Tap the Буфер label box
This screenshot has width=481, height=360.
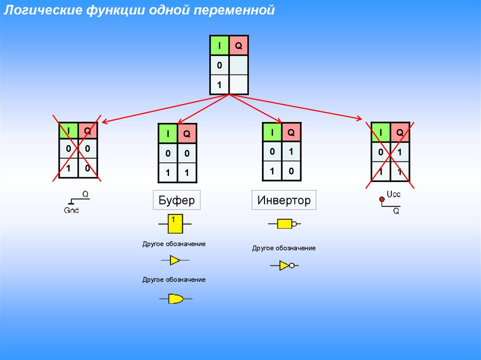pyautogui.click(x=177, y=201)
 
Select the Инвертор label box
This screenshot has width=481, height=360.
pyautogui.click(x=284, y=200)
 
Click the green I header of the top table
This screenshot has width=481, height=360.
pyautogui.click(x=219, y=46)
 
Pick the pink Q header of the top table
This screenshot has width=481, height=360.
pyautogui.click(x=238, y=46)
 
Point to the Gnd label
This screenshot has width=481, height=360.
pyautogui.click(x=71, y=210)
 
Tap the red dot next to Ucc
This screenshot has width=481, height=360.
pyautogui.click(x=381, y=200)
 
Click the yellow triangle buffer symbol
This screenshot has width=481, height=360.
pyautogui.click(x=175, y=260)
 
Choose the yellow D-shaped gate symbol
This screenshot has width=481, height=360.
pyautogui.click(x=176, y=298)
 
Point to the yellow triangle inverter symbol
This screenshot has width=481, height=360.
pyautogui.click(x=284, y=265)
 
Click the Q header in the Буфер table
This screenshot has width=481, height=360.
pyautogui.click(x=186, y=134)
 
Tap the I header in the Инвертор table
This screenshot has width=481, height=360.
pyautogui.click(x=272, y=132)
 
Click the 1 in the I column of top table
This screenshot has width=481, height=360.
pyautogui.click(x=219, y=85)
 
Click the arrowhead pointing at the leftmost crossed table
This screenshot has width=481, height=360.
pyautogui.click(x=104, y=123)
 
